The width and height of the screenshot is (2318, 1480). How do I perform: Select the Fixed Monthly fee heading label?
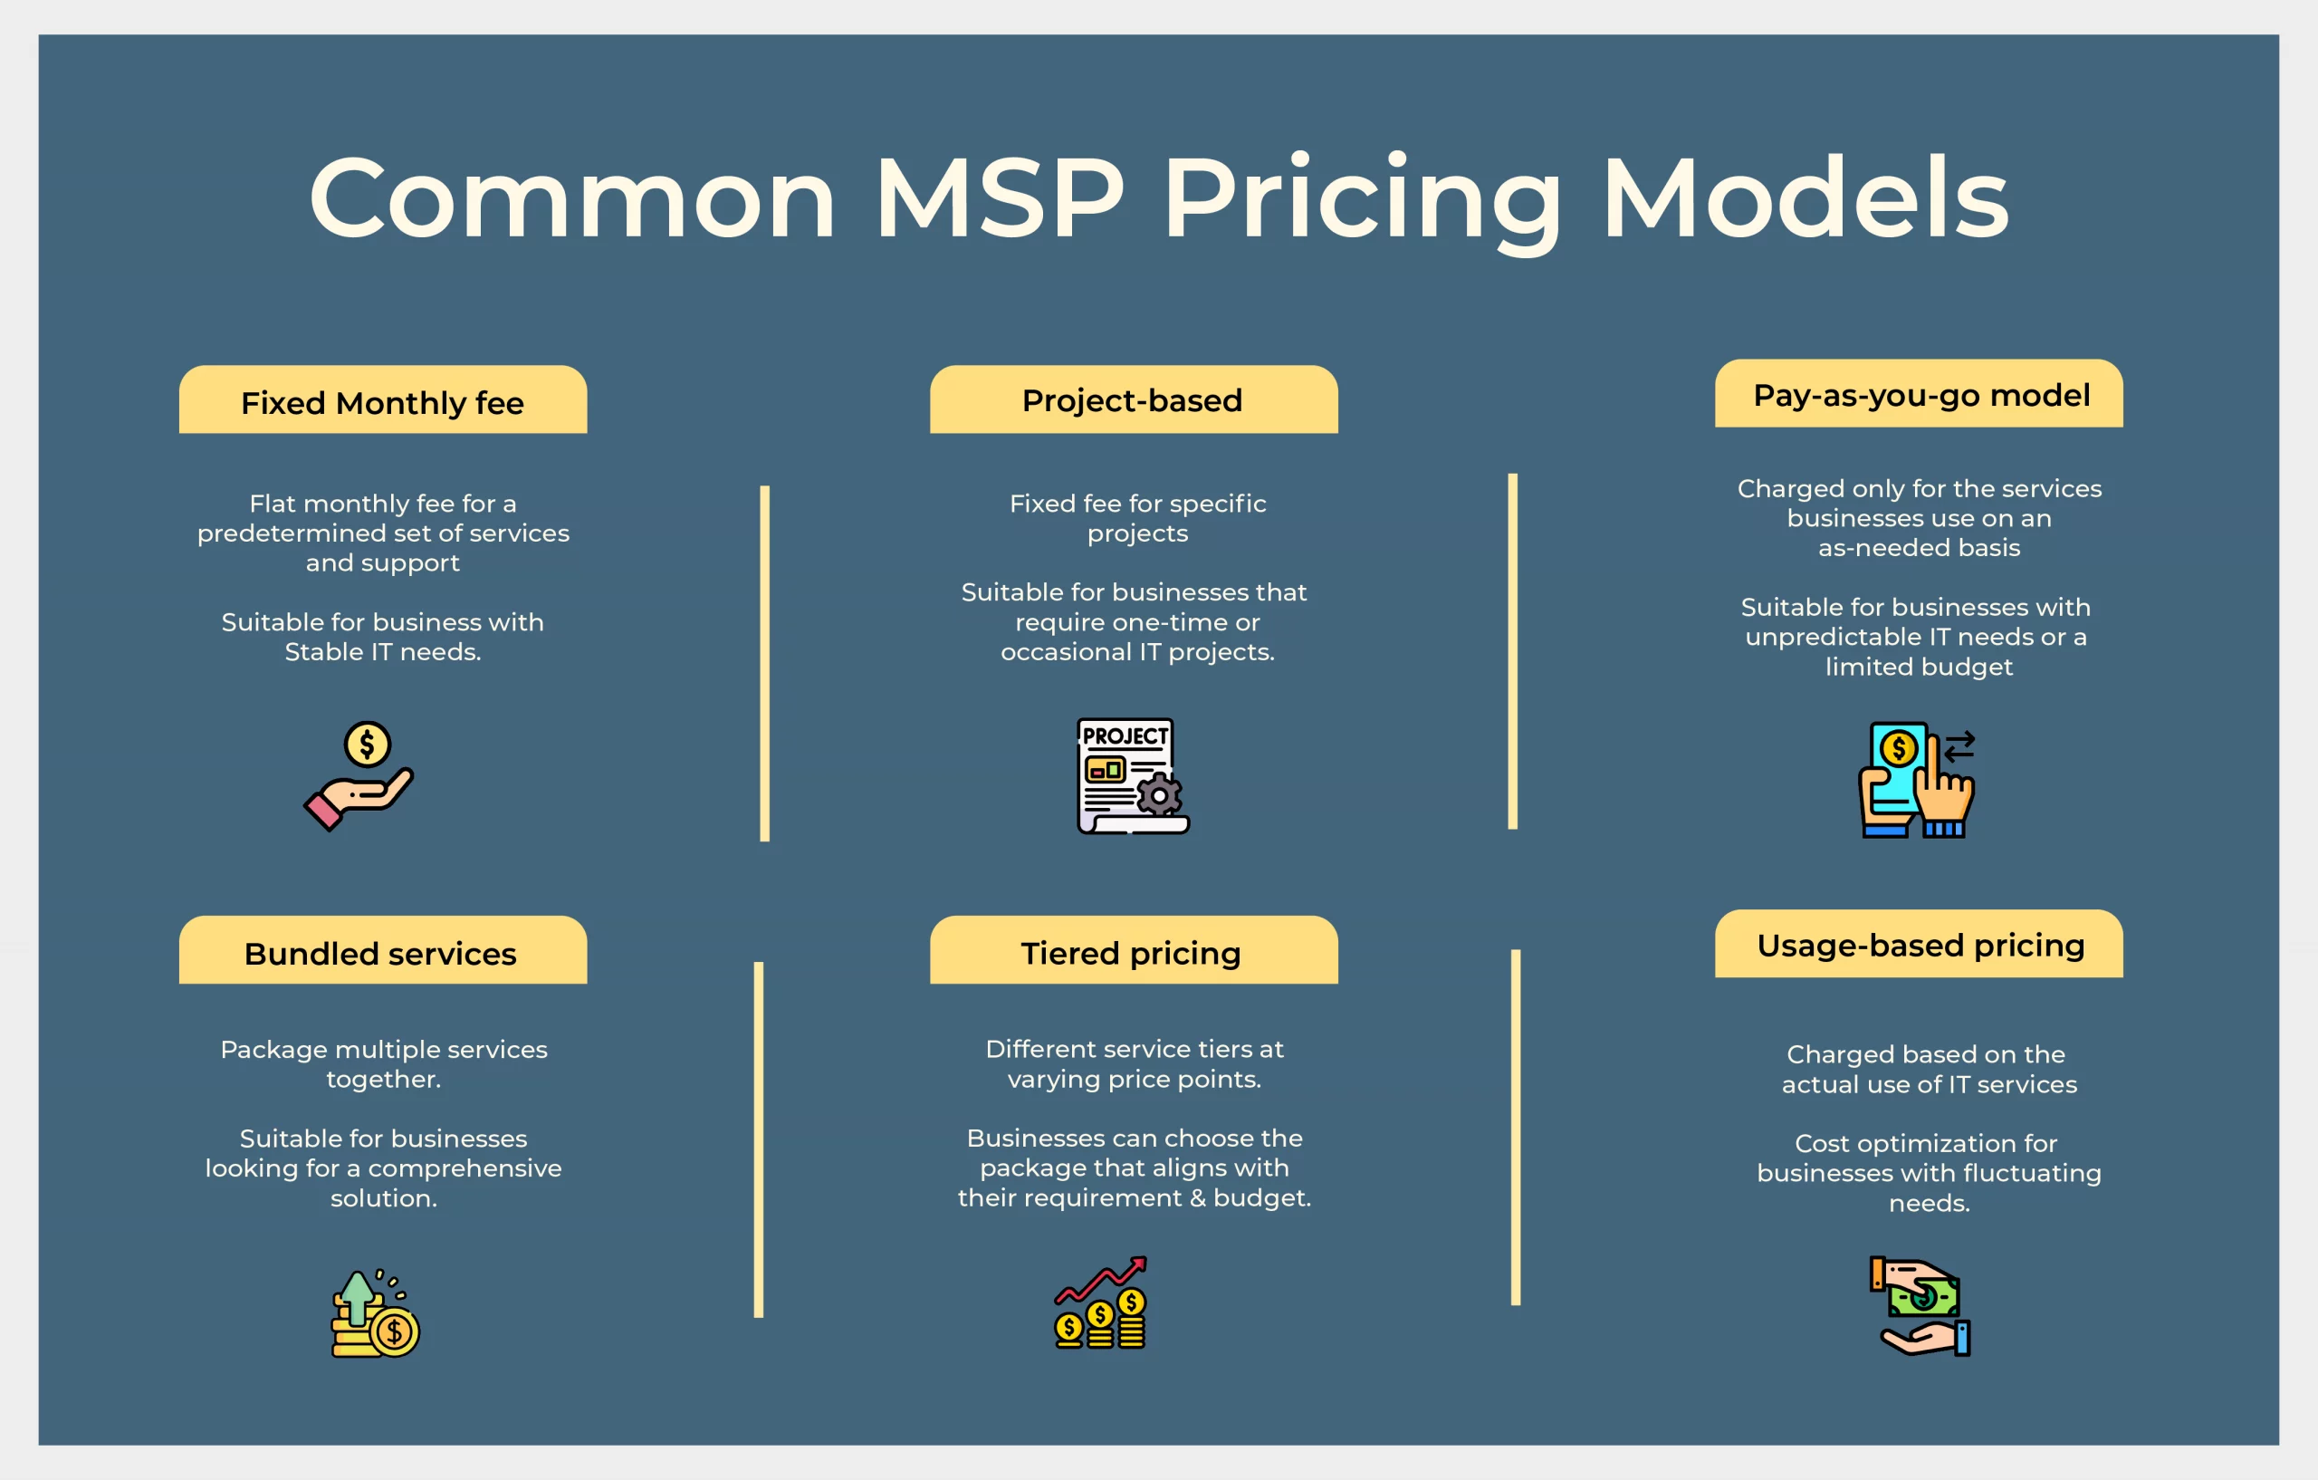[x=382, y=402]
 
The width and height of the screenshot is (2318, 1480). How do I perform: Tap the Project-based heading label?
[x=1132, y=399]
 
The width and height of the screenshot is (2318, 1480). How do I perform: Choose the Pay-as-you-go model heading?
[x=1920, y=395]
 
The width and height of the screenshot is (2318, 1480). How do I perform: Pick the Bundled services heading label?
[x=380, y=953]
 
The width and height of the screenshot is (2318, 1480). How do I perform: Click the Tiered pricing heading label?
[x=1130, y=952]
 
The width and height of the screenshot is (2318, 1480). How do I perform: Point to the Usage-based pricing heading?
[x=1920, y=945]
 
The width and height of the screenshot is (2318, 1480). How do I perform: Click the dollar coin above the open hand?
[x=367, y=744]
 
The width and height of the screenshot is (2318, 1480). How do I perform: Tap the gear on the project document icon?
[x=1160, y=795]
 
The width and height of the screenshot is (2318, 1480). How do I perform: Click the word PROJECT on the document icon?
[x=1125, y=735]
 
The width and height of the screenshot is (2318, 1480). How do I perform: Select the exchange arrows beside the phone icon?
[x=1959, y=746]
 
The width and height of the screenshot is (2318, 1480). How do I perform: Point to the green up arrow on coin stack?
[x=358, y=1295]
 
